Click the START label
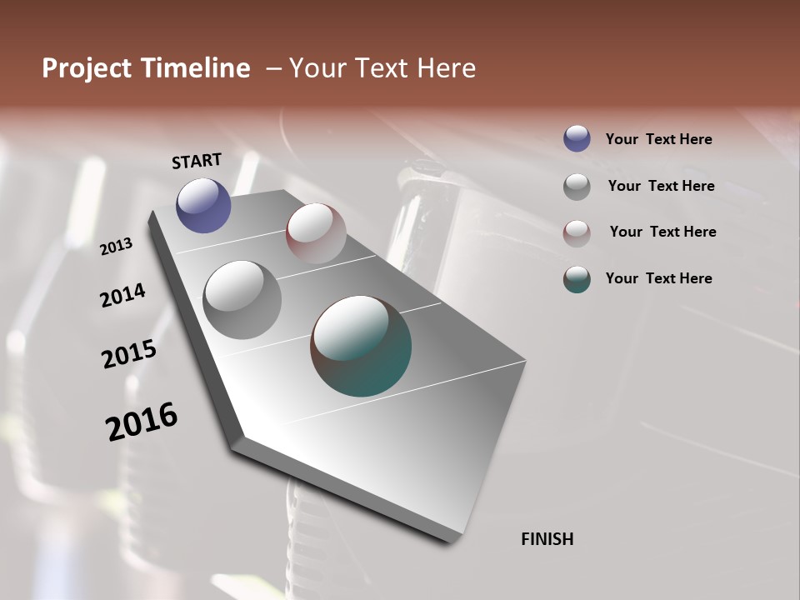pyautogui.click(x=197, y=161)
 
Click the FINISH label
pyautogui.click(x=547, y=539)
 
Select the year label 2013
pyautogui.click(x=117, y=247)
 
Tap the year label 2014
pyautogui.click(x=122, y=295)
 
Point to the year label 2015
pyautogui.click(x=129, y=354)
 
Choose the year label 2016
pyautogui.click(x=142, y=421)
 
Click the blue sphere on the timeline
pyautogui.click(x=203, y=205)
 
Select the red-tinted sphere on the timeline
pyautogui.click(x=316, y=233)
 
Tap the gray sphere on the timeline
pyautogui.click(x=242, y=300)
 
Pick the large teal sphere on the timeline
pyautogui.click(x=361, y=346)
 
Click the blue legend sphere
pyautogui.click(x=577, y=138)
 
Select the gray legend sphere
pyautogui.click(x=577, y=187)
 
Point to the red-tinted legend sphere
pyautogui.click(x=577, y=232)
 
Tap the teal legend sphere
pyautogui.click(x=577, y=279)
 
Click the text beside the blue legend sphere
pyautogui.click(x=658, y=139)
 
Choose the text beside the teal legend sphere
pyautogui.click(x=658, y=278)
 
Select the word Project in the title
pyautogui.click(x=87, y=68)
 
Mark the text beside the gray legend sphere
pyautogui.click(x=661, y=186)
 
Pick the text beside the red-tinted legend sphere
pyautogui.click(x=662, y=232)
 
